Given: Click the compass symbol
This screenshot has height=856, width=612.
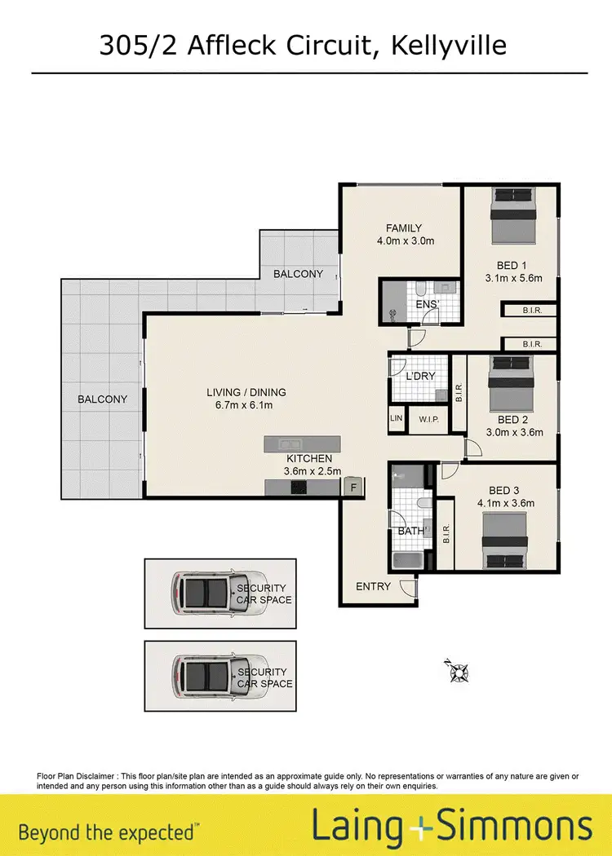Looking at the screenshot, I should tap(459, 671).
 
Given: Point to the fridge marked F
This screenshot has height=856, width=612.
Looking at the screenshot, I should tap(353, 487).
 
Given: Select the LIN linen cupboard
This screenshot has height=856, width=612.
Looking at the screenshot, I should tap(397, 418).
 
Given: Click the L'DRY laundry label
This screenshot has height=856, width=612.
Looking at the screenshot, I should tap(420, 377).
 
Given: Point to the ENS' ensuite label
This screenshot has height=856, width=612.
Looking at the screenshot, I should tap(428, 305).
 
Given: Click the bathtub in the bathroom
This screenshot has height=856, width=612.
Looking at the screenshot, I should tap(406, 561).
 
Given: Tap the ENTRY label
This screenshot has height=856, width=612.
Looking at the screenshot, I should tap(373, 586).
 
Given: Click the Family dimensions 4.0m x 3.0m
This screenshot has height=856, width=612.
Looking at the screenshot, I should tap(405, 241).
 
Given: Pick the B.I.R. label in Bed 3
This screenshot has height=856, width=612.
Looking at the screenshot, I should tap(446, 533).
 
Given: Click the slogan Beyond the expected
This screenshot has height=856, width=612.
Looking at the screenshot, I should tap(107, 832).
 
